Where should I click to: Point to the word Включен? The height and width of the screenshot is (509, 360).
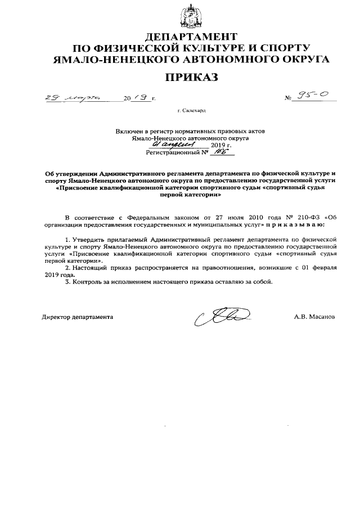tap(129, 130)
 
